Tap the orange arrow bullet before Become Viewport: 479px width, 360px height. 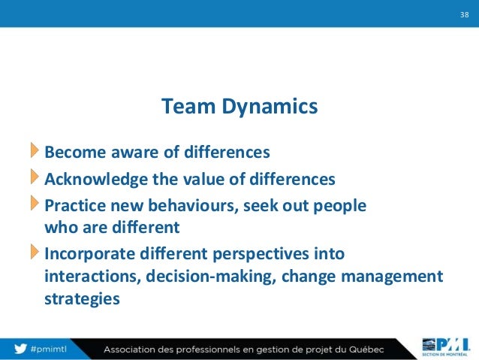tap(35, 151)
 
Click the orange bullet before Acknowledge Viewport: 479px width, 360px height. tap(35, 178)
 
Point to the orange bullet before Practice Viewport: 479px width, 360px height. tap(35, 203)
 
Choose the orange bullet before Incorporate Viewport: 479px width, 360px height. tap(35, 252)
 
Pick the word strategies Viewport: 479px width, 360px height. tap(82, 299)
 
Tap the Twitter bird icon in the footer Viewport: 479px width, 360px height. tap(20, 349)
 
